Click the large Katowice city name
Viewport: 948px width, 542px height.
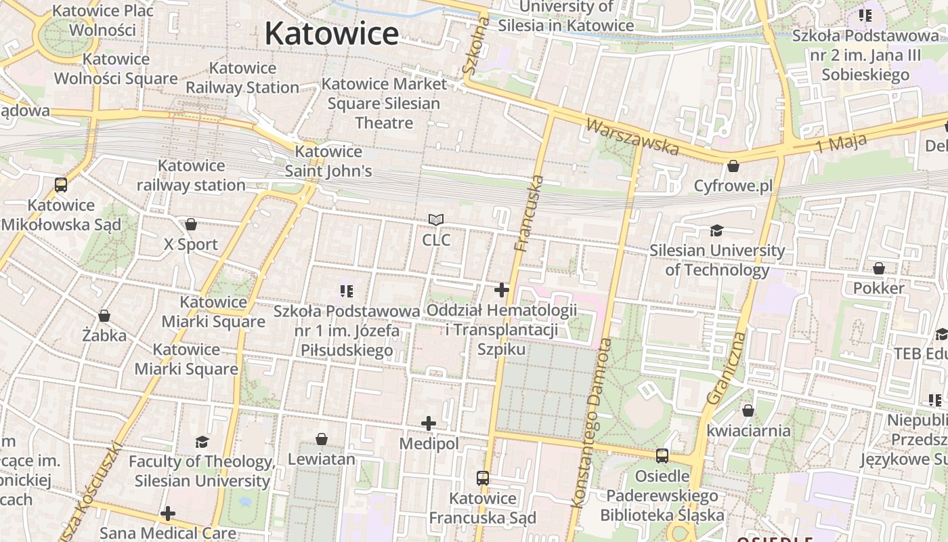point(331,33)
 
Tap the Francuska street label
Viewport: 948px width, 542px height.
point(530,213)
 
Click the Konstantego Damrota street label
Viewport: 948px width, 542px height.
point(590,423)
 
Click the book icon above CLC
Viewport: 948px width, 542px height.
point(436,220)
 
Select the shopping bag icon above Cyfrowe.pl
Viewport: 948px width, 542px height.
point(733,166)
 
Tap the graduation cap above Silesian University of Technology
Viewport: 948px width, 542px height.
point(716,231)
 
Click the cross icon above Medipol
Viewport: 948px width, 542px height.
point(429,423)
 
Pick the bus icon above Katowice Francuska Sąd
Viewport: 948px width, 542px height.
point(482,478)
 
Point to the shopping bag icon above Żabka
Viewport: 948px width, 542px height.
point(104,316)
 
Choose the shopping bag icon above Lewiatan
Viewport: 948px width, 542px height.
point(322,439)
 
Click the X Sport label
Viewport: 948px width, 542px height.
point(191,245)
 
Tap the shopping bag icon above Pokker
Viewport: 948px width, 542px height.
point(878,269)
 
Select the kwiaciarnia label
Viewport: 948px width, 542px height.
point(748,431)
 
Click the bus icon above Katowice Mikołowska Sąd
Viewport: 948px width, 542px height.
point(61,184)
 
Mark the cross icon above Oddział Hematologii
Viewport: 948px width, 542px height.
point(502,290)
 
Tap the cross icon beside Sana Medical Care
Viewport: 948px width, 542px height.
point(168,514)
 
